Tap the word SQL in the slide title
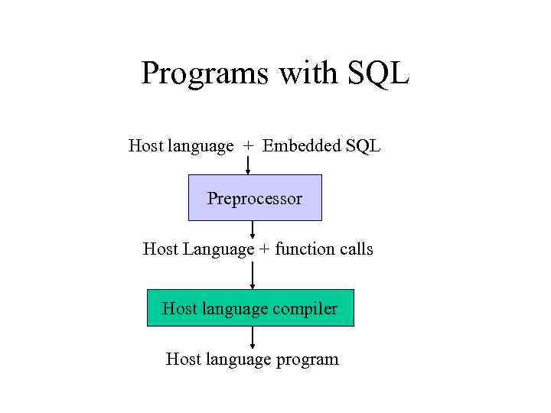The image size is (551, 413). click(x=379, y=73)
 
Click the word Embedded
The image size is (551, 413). click(x=301, y=145)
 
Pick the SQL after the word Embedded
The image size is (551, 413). click(x=362, y=145)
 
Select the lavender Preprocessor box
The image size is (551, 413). click(x=255, y=197)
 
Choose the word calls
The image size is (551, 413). click(x=355, y=249)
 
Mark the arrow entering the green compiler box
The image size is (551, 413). click(x=253, y=278)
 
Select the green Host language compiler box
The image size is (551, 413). click(x=250, y=308)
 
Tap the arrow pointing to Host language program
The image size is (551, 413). click(x=253, y=338)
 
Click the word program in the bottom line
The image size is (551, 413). click(x=306, y=359)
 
